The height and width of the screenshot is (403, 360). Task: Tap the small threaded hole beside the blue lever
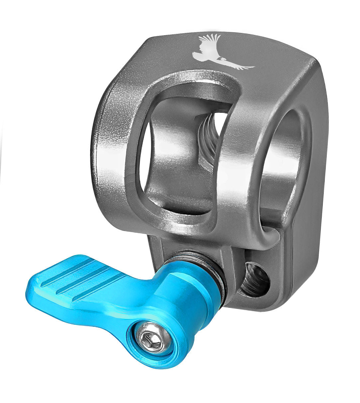pyautogui.click(x=254, y=280)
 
